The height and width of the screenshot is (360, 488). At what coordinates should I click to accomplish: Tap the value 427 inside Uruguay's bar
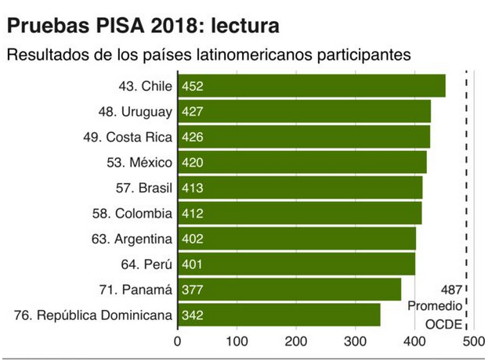point(193,112)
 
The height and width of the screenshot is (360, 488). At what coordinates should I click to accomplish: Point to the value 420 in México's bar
point(193,163)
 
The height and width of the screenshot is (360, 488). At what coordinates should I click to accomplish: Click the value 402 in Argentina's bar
point(193,239)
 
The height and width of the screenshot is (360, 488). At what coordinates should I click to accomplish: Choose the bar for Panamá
point(289,290)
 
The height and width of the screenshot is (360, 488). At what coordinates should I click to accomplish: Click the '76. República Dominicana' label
point(93,315)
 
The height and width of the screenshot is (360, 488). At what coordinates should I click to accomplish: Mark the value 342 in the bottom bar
point(193,315)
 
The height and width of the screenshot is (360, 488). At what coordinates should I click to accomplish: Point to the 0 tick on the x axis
point(178,341)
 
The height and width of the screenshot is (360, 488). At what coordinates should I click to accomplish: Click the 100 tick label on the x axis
point(237,341)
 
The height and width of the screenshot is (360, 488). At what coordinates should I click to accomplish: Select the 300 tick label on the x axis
point(355,341)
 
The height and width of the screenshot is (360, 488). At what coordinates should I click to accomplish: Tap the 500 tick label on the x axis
point(472,341)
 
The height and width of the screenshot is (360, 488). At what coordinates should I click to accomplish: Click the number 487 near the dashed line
point(451,289)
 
